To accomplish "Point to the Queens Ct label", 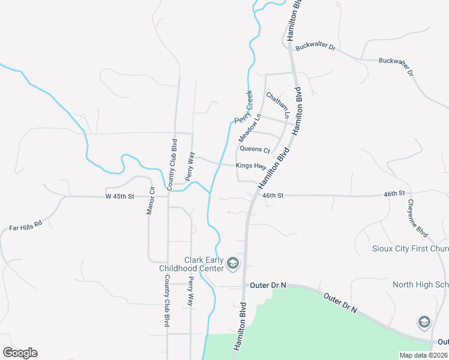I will [255, 149].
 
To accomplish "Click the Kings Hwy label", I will [251, 166].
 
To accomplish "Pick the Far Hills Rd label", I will [25, 226].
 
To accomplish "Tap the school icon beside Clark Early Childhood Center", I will [233, 263].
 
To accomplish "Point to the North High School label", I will [420, 284].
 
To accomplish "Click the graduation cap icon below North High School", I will [424, 322].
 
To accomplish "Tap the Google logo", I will [20, 353].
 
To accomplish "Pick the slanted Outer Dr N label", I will [340, 303].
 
